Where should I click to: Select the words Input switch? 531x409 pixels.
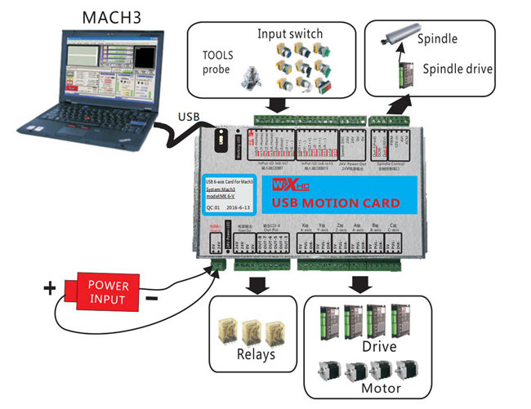click(290, 33)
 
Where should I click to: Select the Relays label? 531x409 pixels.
click(255, 354)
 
